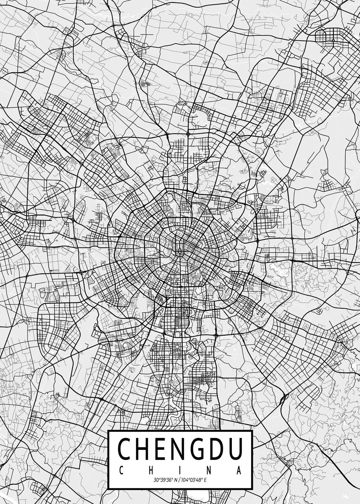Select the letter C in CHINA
(121, 470)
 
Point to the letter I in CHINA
(180, 470)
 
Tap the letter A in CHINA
(239, 470)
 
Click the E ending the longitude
(205, 480)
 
